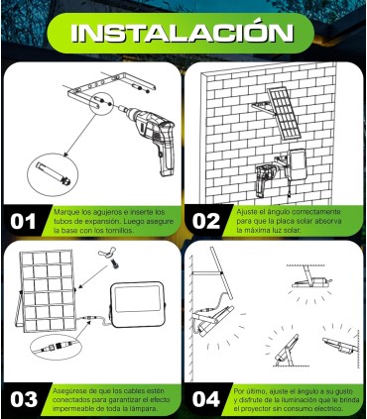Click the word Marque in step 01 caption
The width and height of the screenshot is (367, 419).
pyautogui.click(x=65, y=211)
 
